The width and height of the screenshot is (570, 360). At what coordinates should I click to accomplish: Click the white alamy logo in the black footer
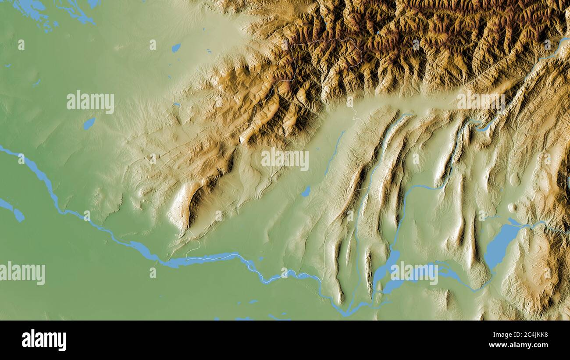click(44, 340)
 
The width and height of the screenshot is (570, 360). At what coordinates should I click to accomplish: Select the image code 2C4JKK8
click(528, 335)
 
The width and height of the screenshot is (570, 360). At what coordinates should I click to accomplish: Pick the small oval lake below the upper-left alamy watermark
click(89, 124)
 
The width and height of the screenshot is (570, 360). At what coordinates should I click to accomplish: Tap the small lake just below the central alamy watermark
click(306, 192)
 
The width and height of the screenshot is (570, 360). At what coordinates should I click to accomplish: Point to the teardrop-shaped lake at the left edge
click(18, 215)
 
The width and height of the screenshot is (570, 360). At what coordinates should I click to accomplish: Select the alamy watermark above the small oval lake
click(90, 102)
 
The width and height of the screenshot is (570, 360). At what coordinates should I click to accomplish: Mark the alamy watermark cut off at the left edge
click(22, 273)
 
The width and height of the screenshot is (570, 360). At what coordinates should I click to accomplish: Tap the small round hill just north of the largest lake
click(511, 207)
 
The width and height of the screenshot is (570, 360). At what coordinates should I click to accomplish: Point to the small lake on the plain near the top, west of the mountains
click(176, 47)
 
